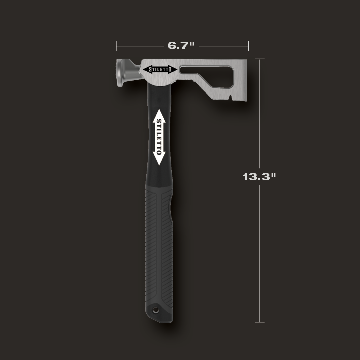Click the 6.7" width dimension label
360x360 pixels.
pos(181,46)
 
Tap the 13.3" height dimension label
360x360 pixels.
pos(259,177)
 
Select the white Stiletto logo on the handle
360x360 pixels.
pos(159,137)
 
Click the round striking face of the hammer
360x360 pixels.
pos(119,73)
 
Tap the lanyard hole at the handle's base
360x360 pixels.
pos(155,310)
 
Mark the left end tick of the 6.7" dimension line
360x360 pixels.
pos(116,46)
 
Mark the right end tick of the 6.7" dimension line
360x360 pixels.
pos(249,46)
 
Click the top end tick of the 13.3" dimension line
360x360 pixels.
pos(260,59)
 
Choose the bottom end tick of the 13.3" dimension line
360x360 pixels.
pos(260,323)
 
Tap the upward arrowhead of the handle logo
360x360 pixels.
pos(159,113)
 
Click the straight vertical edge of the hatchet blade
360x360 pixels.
pos(247,80)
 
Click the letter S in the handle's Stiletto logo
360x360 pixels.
pos(159,121)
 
